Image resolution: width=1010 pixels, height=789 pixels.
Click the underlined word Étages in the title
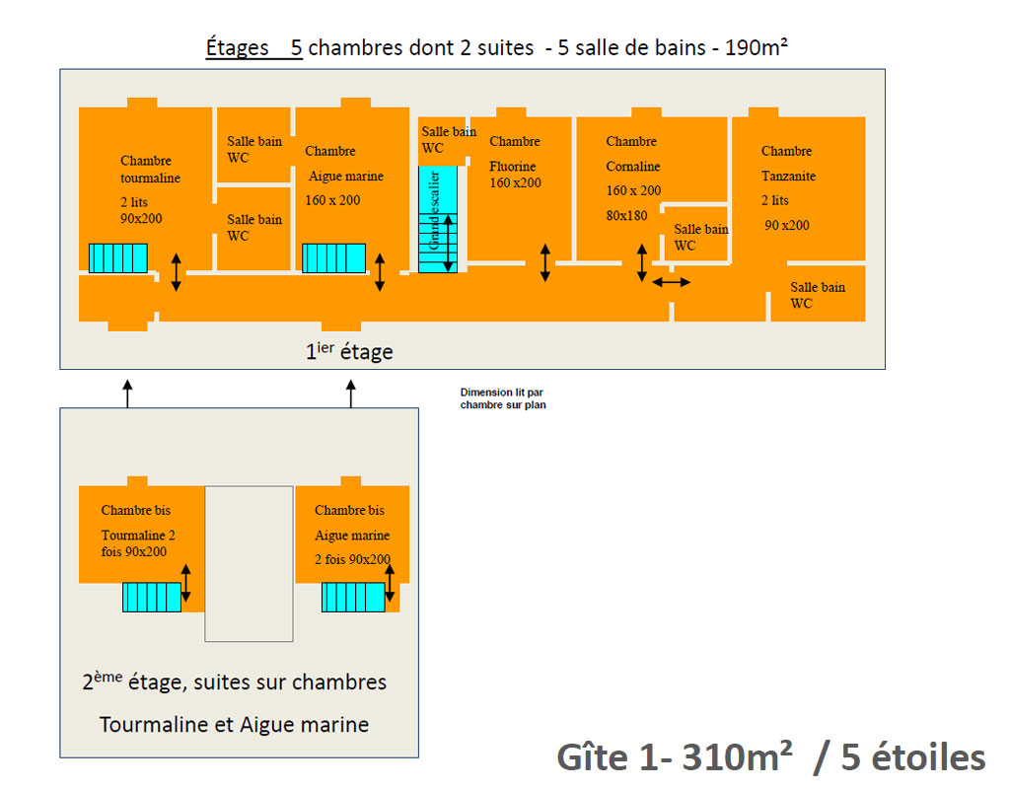pos(237,48)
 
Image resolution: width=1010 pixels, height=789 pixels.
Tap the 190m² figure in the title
pos(757,47)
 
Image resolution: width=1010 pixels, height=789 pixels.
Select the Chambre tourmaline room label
pos(150,170)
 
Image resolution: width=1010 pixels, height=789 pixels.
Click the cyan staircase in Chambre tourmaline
pos(118,258)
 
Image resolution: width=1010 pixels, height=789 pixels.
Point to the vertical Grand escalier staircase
pos(438,219)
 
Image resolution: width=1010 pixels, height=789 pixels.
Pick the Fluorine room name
pos(512,166)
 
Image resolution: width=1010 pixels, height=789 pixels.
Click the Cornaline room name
pos(632,166)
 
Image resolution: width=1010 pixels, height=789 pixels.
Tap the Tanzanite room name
pos(788,176)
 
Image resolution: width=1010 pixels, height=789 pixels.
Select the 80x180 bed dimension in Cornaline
pos(626,215)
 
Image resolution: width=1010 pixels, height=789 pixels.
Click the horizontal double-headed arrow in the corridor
pos(671,282)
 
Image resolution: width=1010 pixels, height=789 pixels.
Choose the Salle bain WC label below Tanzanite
pos(818,295)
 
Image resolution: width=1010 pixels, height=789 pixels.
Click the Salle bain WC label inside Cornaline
pos(701,237)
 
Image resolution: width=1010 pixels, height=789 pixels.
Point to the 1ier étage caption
pos(349,351)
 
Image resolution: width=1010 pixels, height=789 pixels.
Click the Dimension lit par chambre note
pos(503,398)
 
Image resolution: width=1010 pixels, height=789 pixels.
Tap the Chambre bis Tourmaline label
pos(138,530)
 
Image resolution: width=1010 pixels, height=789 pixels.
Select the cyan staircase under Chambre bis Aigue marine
pos(353,597)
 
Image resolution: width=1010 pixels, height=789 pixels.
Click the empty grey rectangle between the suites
pos(249,563)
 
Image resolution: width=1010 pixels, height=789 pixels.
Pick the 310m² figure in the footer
pos(737,756)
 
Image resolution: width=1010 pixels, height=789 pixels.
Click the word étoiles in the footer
pos(928,756)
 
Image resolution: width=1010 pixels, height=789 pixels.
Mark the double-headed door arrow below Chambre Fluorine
pos(544,262)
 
